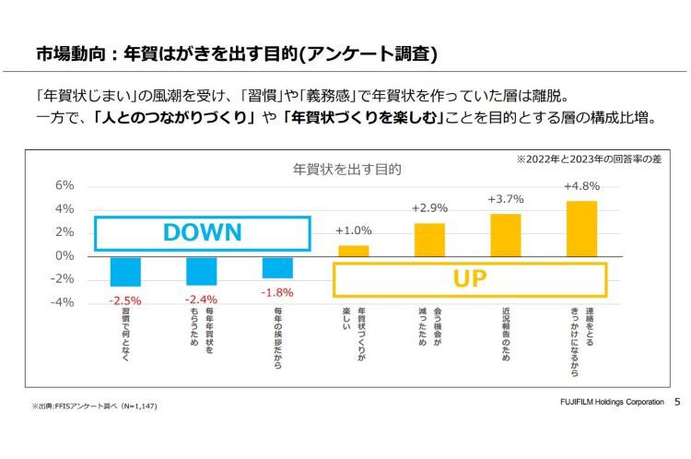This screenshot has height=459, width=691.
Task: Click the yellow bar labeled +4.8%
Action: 581,228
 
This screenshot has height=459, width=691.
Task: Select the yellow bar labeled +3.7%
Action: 505,234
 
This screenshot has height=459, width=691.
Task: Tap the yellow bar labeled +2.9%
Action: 429,239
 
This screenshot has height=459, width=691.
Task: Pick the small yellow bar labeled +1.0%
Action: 354,250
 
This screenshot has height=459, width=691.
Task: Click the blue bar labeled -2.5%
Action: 125,271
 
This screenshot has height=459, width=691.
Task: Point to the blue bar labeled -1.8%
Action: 277,266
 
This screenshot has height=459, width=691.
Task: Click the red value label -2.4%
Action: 201,300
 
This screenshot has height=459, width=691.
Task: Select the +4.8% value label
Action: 581,188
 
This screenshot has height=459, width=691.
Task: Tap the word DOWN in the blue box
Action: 202,233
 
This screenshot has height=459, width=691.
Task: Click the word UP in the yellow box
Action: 469,278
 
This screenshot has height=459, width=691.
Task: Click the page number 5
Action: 677,403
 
